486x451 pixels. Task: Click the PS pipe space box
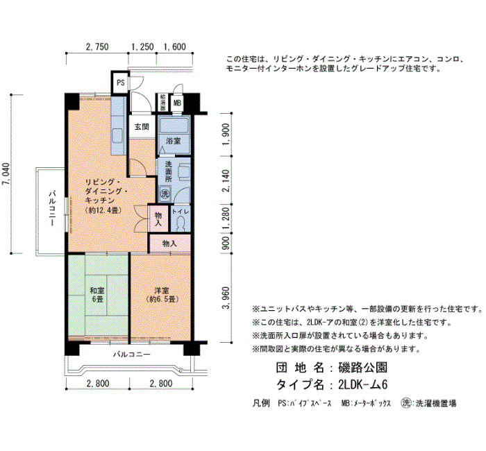click(120, 83)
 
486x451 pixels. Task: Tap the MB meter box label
click(177, 103)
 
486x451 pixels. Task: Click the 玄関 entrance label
click(142, 127)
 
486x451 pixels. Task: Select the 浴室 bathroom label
click(174, 141)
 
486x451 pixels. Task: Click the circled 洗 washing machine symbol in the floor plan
click(165, 194)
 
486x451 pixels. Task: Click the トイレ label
click(181, 212)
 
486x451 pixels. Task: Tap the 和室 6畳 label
click(97, 295)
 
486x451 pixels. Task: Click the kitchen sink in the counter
click(118, 136)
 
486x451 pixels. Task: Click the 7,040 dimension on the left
click(7, 173)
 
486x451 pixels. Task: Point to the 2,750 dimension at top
click(97, 46)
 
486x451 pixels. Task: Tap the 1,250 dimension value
click(142, 46)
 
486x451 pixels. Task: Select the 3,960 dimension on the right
click(226, 298)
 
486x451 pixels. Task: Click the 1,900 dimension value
click(226, 135)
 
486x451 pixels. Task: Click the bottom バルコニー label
click(131, 354)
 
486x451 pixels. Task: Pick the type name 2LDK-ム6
click(363, 384)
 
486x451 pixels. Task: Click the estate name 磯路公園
click(363, 368)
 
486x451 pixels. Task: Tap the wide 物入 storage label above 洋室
click(169, 244)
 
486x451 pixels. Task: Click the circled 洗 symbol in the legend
click(405, 402)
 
